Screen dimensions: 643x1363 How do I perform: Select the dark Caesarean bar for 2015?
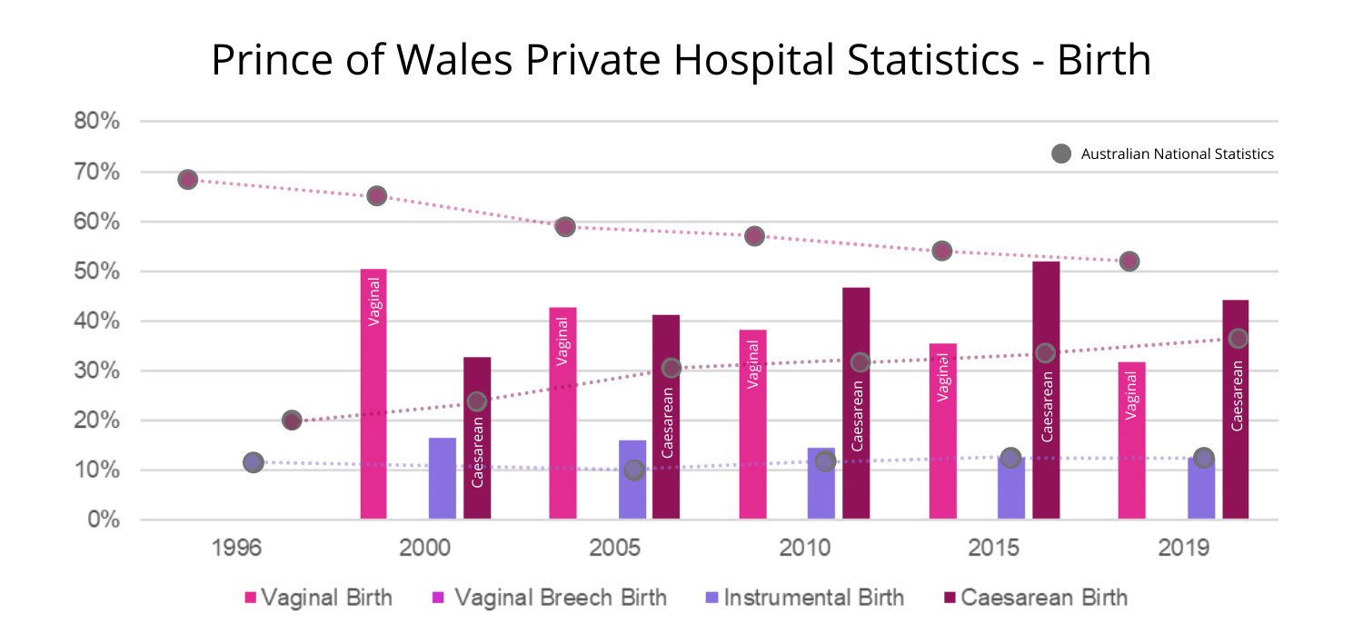click(x=1046, y=391)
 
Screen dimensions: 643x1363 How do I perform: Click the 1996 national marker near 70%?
click(x=188, y=179)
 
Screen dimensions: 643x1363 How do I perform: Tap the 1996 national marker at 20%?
click(x=292, y=420)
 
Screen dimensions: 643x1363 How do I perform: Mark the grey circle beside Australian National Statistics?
click(x=1060, y=153)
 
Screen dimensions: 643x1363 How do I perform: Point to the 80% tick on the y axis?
click(x=97, y=122)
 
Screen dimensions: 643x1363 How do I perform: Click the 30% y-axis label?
click(x=97, y=371)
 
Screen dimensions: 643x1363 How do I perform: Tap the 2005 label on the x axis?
click(x=615, y=549)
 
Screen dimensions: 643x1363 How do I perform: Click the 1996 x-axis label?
click(x=237, y=549)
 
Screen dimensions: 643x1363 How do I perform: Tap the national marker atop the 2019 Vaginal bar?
click(x=1129, y=262)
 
